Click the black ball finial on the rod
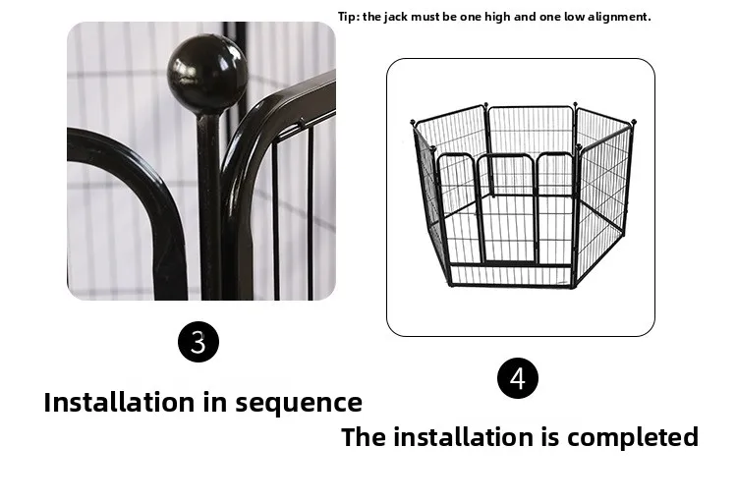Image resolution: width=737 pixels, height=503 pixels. pos(207,73)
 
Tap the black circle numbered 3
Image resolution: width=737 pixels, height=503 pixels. pos(198,342)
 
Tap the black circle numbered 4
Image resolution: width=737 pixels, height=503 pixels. pos(518,378)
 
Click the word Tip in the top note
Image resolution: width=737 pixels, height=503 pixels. pos(348,17)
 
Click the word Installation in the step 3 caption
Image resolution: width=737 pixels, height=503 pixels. pos(119,403)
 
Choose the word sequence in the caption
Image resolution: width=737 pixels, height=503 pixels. pos(299,404)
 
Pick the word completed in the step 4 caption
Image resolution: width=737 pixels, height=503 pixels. pos(633,437)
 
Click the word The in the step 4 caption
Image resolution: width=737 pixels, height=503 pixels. pos(364,437)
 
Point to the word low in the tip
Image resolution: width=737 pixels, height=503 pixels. pos(574,17)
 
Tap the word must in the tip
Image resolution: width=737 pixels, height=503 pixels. pos(425,17)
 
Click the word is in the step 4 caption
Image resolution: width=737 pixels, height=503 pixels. pos(550,437)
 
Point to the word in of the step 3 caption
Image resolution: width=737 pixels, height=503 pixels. pos(214,403)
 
